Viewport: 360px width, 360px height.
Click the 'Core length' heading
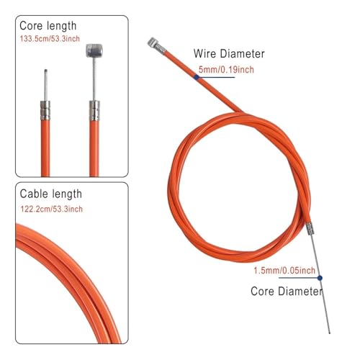tap(48, 26)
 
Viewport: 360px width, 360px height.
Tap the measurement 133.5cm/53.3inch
tap(50, 39)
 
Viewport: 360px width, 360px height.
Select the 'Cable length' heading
tap(51, 194)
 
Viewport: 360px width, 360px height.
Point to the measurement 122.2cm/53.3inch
tap(52, 209)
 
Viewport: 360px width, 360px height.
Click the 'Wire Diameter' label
tap(229, 53)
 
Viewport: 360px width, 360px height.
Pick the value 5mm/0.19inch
tap(226, 70)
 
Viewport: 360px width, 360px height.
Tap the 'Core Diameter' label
tap(287, 291)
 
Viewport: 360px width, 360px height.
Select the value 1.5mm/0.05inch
tap(284, 271)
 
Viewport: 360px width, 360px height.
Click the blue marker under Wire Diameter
tap(197, 77)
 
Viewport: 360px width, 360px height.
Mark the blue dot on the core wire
tap(320, 278)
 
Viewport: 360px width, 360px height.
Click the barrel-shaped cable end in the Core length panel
tap(94, 50)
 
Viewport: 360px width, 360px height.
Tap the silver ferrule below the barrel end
tap(94, 111)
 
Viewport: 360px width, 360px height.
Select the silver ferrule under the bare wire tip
tap(45, 110)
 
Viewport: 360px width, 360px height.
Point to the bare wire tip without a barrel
tap(45, 71)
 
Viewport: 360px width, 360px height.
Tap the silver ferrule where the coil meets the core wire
tap(310, 228)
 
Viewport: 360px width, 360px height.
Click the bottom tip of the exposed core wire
tap(330, 333)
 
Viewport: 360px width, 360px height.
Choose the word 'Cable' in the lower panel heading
tap(34, 194)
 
